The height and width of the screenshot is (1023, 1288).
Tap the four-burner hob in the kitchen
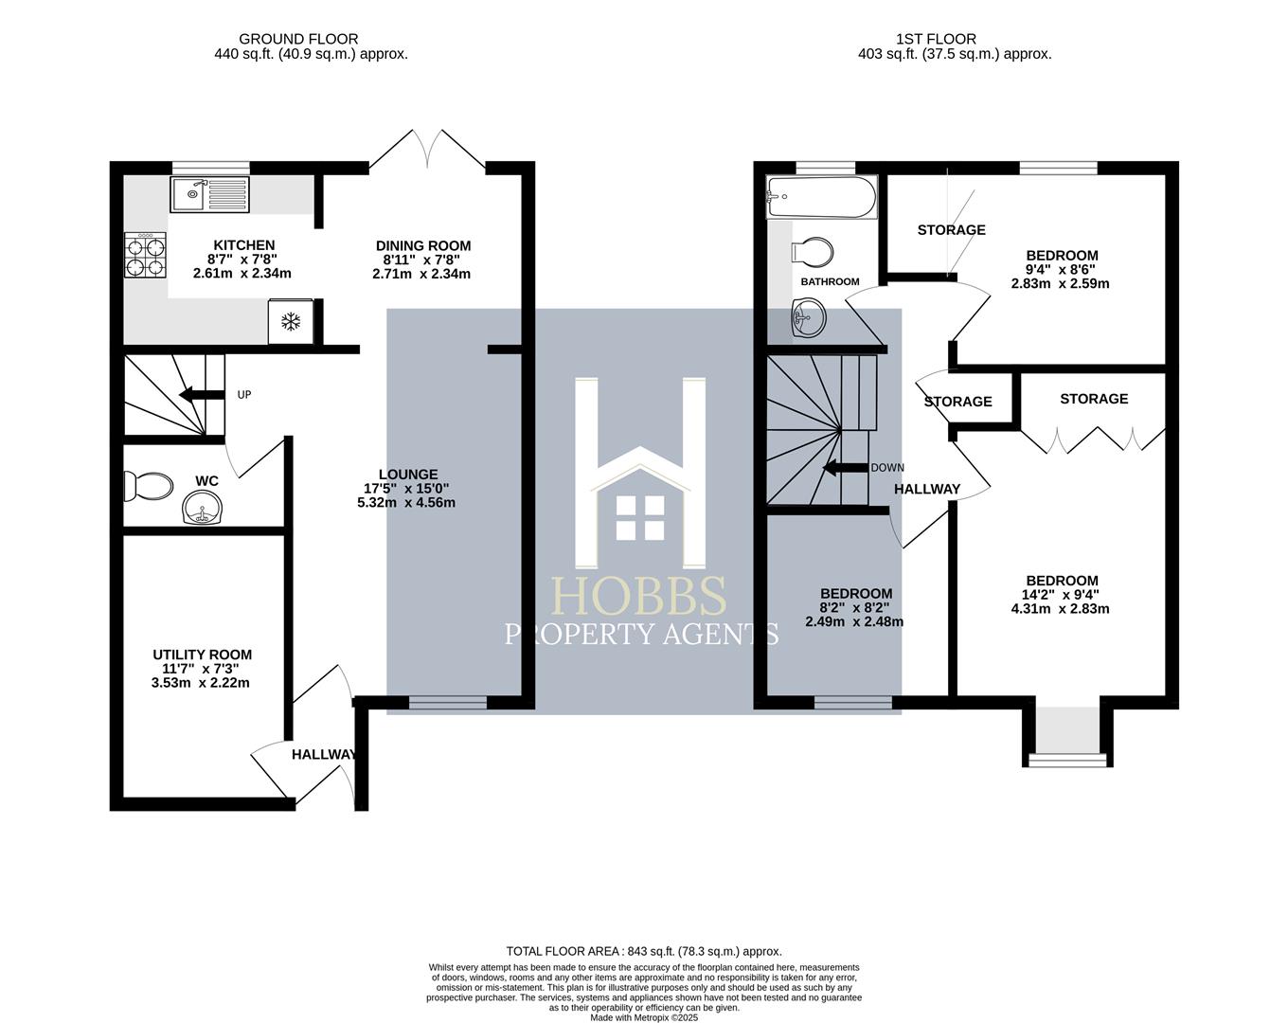(x=145, y=256)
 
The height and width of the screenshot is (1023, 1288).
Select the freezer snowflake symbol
(x=291, y=322)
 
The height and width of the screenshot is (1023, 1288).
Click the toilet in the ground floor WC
(x=150, y=487)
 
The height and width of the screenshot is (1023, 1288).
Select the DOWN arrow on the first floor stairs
(x=845, y=467)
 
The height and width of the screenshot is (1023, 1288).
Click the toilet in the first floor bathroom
(x=813, y=253)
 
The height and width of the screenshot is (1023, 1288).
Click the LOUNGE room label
(x=407, y=475)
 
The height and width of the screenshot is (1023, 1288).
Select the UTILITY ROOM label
(x=202, y=655)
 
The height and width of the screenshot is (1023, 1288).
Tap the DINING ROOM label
(x=422, y=245)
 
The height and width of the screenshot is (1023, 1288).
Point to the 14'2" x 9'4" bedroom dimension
(x=1061, y=595)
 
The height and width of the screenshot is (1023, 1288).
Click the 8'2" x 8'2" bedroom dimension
(x=854, y=608)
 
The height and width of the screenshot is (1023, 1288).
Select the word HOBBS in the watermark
(x=640, y=597)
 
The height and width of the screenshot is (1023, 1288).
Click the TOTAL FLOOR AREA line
(x=644, y=951)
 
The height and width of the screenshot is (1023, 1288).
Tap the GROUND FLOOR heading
(x=298, y=39)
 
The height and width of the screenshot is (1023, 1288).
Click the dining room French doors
(x=428, y=150)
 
